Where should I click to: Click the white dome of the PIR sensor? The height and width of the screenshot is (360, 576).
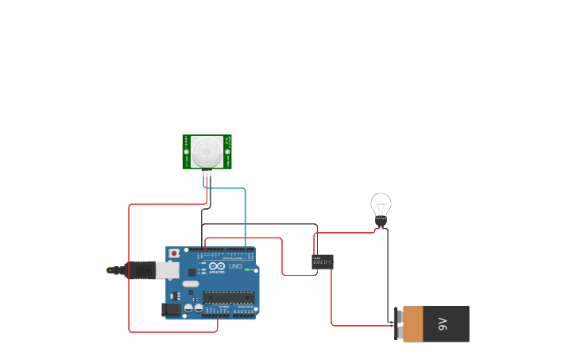[207, 150]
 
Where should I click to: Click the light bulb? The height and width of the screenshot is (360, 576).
[381, 206]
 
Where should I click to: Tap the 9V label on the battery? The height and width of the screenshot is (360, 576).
[443, 323]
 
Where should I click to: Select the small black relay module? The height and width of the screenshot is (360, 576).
[322, 261]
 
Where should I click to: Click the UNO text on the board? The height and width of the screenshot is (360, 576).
[237, 266]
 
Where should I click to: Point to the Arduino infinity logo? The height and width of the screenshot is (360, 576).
[217, 266]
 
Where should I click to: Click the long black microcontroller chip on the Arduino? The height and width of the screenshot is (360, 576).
[229, 297]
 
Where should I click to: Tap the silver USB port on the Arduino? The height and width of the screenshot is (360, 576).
[167, 270]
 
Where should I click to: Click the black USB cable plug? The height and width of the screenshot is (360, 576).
[138, 270]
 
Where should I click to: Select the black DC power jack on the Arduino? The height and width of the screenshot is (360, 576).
[170, 309]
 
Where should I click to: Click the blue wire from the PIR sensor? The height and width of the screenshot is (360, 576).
[245, 215]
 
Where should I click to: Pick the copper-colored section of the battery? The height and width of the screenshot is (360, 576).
[413, 323]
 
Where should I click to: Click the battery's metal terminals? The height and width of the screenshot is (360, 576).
[398, 323]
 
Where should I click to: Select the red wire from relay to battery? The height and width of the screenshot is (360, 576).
[332, 302]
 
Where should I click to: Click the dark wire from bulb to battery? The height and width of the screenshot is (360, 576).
[388, 270]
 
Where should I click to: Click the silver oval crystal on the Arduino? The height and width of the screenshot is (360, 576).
[191, 284]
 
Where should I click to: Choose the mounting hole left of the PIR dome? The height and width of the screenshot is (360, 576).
[187, 151]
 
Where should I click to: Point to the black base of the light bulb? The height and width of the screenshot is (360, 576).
[381, 223]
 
